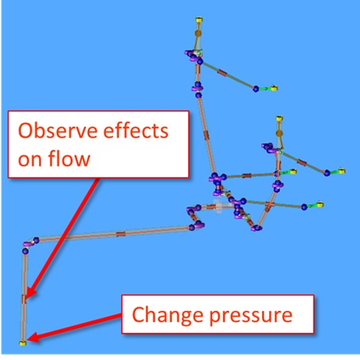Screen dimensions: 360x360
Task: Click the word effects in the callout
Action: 136,131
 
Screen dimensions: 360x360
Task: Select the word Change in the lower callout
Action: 167,314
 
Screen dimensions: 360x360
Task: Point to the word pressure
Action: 251,316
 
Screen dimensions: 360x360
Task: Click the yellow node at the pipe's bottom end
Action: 23,343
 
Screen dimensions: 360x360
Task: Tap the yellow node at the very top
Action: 199,19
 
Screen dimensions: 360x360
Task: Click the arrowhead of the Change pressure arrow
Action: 33,337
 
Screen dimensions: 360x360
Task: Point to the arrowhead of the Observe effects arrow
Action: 30,292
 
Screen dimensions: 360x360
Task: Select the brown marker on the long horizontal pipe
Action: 121,234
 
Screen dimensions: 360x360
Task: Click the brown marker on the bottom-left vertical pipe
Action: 24,299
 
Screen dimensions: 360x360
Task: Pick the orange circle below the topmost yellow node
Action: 198,33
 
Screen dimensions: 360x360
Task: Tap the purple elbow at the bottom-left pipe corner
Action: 28,243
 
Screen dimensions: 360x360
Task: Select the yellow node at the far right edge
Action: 342,171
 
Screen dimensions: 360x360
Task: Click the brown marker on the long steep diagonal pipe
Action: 206,135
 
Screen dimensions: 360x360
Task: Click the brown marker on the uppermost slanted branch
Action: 222,72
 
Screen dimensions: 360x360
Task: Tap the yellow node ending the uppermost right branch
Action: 274,88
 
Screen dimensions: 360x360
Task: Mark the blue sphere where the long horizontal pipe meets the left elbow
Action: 36,240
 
